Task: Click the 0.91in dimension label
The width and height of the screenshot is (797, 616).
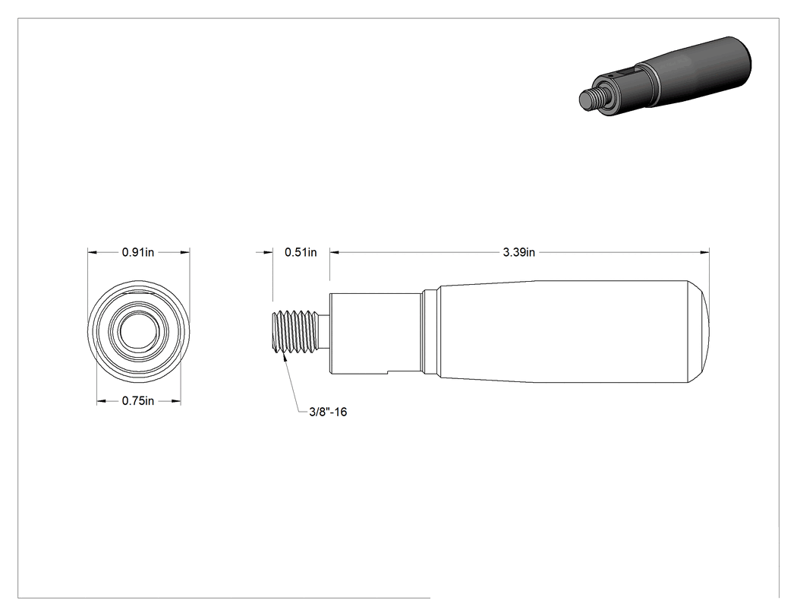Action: [x=137, y=252]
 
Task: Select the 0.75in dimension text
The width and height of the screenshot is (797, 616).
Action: [x=137, y=401]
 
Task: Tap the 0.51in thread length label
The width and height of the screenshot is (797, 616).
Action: [x=301, y=252]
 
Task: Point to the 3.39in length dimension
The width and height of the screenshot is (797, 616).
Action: [x=519, y=252]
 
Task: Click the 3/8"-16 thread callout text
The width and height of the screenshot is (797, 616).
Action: [x=329, y=412]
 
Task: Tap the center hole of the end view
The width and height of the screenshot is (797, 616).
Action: [x=139, y=331]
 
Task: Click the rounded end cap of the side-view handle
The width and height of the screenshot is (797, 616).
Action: [x=699, y=331]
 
